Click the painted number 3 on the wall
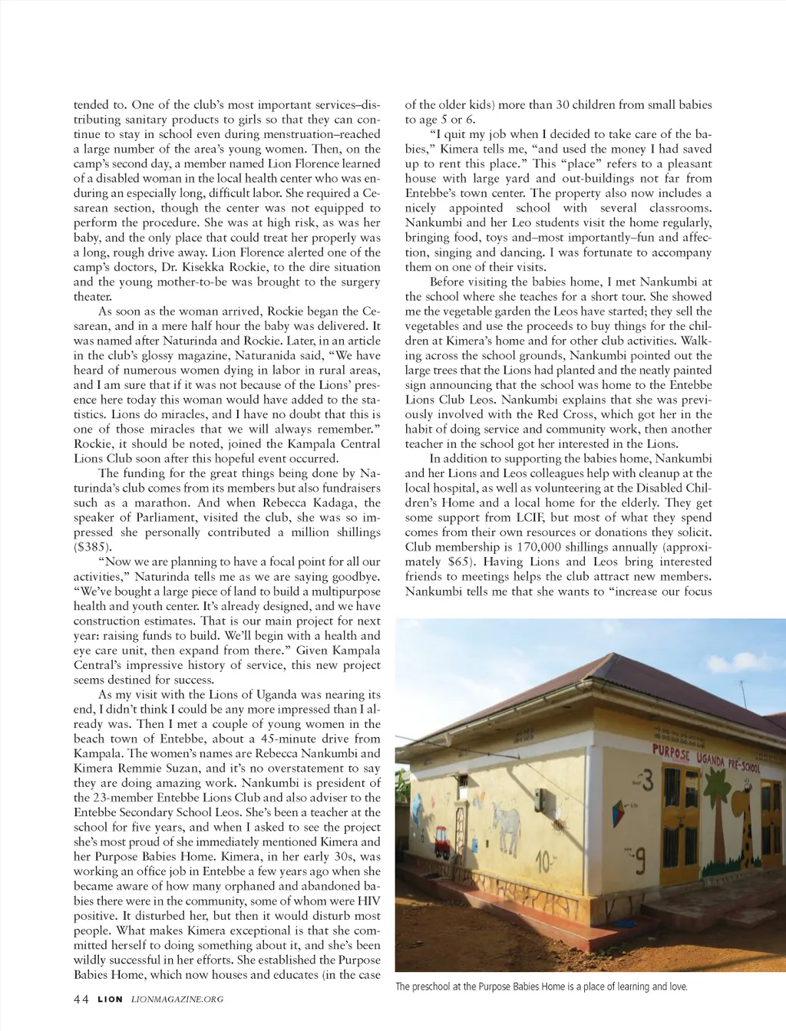tap(646, 780)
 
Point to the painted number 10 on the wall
tap(543, 862)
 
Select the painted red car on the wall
tap(443, 840)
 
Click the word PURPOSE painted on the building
tap(671, 753)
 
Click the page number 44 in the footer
tap(81, 999)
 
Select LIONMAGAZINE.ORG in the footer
tap(177, 999)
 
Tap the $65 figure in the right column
tap(461, 562)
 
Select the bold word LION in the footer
tap(110, 999)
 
